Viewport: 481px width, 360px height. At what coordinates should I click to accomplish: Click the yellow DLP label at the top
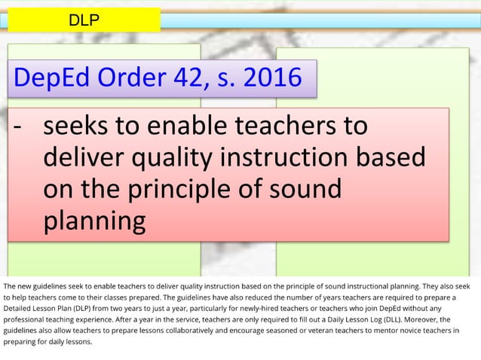(84, 20)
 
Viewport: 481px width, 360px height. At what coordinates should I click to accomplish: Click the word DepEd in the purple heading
(57, 78)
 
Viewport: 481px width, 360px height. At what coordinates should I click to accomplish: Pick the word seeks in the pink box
(75, 126)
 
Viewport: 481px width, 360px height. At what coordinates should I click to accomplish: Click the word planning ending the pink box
(93, 221)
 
